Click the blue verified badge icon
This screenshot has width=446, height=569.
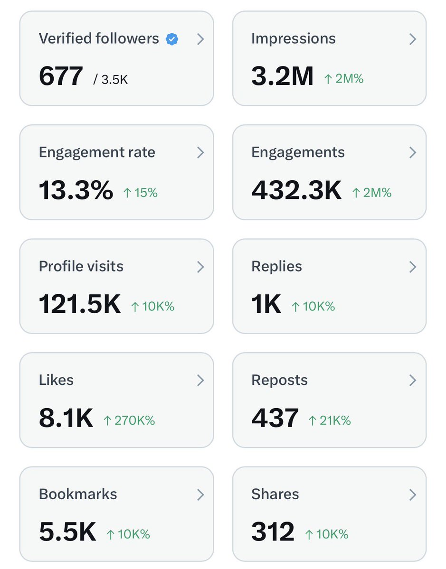pos(172,39)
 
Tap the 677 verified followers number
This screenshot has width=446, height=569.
pos(61,77)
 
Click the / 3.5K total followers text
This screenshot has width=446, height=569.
pos(111,80)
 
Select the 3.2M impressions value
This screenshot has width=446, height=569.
pos(282,77)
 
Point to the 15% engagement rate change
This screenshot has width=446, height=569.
pos(140,193)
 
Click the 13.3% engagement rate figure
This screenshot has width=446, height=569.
pos(76,191)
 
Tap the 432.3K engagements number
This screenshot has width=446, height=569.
pos(296,191)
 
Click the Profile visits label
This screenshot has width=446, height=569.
pos(81,267)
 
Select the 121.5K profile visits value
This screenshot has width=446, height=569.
pos(79,305)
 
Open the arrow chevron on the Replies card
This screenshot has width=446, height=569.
pos(412,267)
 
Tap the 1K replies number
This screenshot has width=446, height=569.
pos(266,305)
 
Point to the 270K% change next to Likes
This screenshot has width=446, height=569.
pos(129,421)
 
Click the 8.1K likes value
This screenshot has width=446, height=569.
pos(66,419)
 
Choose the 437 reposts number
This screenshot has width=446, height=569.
pos(275,419)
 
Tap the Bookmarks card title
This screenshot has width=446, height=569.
pos(77,494)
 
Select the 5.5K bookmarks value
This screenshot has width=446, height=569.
pos(67,532)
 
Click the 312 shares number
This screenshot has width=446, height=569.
pos(273,532)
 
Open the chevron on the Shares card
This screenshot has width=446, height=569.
pos(412,495)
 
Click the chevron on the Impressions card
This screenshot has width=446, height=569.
pos(412,39)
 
